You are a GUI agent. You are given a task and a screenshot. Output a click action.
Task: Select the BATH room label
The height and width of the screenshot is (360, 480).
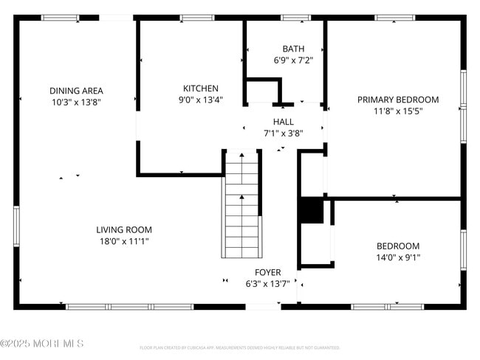(293, 49)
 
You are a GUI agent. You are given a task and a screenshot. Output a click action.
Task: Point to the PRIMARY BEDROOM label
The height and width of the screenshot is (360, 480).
(397, 100)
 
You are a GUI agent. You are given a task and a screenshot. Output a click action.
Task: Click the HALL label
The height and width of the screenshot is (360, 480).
(283, 122)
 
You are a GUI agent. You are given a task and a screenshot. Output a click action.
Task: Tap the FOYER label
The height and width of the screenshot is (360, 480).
(267, 272)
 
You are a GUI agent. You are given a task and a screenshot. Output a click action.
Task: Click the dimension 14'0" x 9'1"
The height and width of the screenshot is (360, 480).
(397, 257)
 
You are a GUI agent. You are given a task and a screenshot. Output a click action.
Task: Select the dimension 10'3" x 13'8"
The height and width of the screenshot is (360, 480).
(75, 103)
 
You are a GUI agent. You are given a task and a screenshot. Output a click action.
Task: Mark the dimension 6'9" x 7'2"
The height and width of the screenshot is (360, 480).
(293, 61)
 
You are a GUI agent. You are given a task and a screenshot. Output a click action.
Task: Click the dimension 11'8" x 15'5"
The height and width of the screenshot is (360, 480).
(397, 111)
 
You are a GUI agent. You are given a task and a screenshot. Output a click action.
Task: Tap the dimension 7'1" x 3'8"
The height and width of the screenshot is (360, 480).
(283, 134)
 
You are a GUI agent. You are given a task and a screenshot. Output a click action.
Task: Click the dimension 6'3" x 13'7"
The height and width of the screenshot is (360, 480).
(267, 283)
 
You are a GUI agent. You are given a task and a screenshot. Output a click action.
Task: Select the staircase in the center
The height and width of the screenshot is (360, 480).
(241, 204)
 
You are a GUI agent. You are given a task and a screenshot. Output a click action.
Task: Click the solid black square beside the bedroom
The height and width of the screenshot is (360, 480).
(311, 210)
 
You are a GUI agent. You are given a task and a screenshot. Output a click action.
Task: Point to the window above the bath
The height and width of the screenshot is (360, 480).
(295, 18)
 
